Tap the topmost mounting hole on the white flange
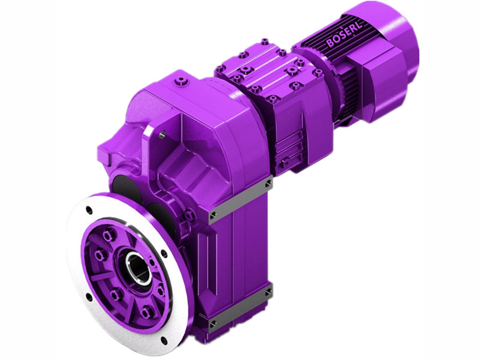[89, 209]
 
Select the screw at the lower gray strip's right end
[268, 292]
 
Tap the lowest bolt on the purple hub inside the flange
[146, 310]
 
